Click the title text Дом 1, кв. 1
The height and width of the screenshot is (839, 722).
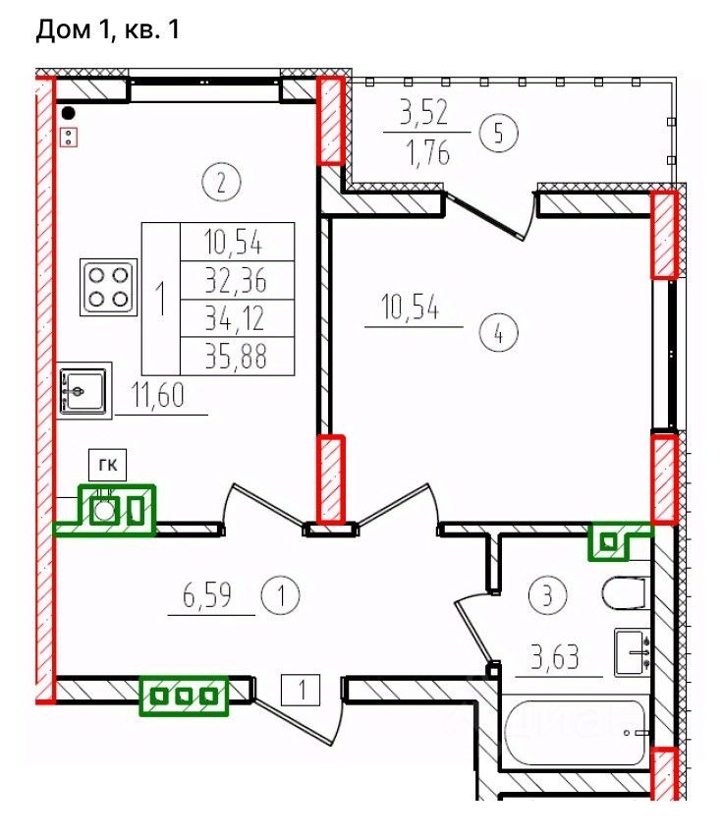click(x=107, y=29)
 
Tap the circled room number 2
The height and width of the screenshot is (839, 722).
click(x=221, y=182)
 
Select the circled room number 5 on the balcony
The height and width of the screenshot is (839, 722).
click(x=498, y=133)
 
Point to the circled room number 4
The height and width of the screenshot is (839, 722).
click(x=498, y=334)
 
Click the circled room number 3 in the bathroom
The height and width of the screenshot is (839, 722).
click(x=547, y=594)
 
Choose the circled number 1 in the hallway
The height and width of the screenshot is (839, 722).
click(x=281, y=595)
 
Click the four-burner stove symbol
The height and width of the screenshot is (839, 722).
click(x=109, y=287)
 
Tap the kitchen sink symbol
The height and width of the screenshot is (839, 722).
click(x=83, y=391)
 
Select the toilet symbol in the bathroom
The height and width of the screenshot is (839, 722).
click(x=626, y=592)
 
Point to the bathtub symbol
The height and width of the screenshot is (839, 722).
click(x=575, y=733)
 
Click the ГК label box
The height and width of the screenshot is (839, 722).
click(x=107, y=465)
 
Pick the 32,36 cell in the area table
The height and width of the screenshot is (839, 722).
click(x=238, y=280)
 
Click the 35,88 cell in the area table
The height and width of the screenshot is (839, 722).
click(x=238, y=356)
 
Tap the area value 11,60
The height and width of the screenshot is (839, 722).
click(x=158, y=395)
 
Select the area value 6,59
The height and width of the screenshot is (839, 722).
click(x=207, y=595)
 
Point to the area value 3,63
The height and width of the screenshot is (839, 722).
click(x=555, y=656)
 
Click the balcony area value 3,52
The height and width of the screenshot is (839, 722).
click(x=424, y=112)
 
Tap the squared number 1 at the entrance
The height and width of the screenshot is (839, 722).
click(x=301, y=690)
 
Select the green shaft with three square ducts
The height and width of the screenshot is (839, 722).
click(x=184, y=696)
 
